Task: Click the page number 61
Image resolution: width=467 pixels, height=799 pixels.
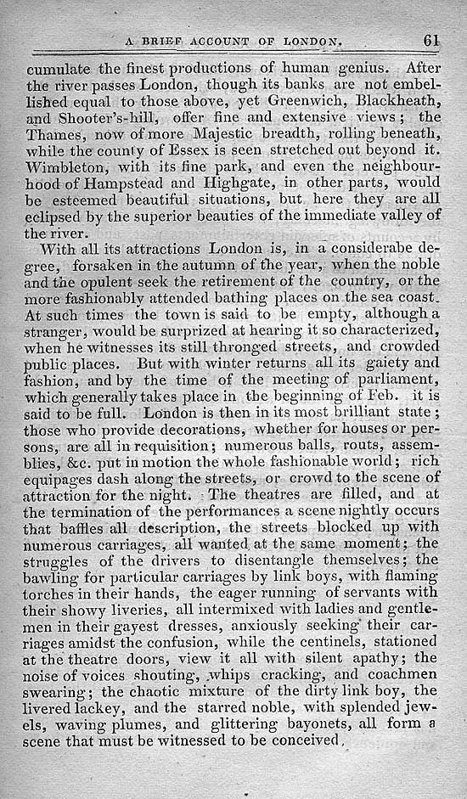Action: pyautogui.click(x=430, y=40)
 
